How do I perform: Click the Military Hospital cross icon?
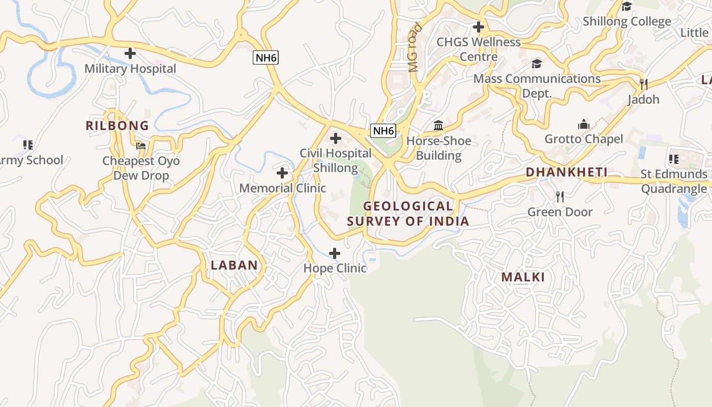click(x=130, y=53)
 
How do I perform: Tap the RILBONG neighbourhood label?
click(x=117, y=126)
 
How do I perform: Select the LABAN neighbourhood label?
click(x=234, y=265)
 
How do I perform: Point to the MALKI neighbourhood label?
click(x=523, y=277)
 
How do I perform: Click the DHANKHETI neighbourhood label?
click(x=567, y=172)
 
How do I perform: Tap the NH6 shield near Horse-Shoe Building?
click(x=383, y=131)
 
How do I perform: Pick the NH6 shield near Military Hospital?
click(x=266, y=57)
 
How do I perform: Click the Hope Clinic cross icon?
click(x=335, y=253)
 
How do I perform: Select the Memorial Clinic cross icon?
click(x=282, y=173)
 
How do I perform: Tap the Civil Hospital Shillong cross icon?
click(x=336, y=138)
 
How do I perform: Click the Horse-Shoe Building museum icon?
click(x=438, y=125)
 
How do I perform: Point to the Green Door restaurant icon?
click(x=560, y=197)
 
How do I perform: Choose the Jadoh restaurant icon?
click(x=643, y=84)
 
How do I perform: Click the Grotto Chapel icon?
click(x=583, y=124)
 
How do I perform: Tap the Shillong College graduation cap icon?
click(x=627, y=6)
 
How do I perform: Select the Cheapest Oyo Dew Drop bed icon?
click(x=141, y=146)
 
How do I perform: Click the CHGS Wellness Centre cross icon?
click(x=478, y=26)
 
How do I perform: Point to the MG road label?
click(x=415, y=48)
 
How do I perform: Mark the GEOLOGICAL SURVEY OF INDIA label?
click(x=408, y=214)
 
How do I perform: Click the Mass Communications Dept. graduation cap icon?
click(x=537, y=64)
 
